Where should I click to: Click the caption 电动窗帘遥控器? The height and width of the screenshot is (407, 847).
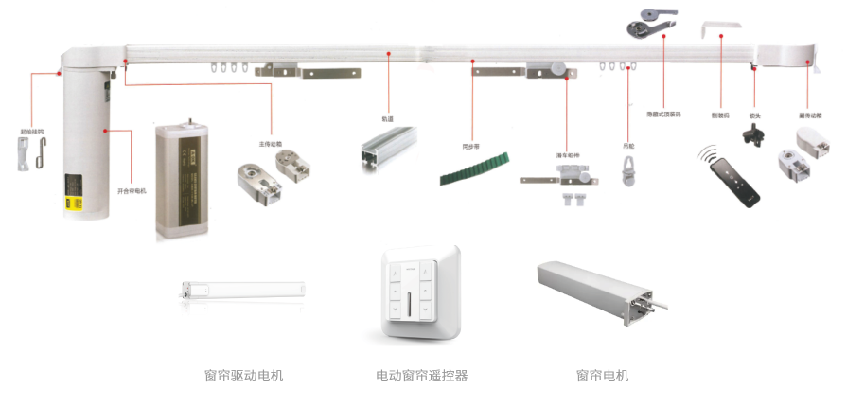[x=421, y=376]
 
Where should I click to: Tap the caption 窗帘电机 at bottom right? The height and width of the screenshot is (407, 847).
[x=602, y=376]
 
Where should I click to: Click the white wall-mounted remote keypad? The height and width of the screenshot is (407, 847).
[x=420, y=295]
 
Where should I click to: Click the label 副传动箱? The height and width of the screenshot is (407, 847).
[x=809, y=115]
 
